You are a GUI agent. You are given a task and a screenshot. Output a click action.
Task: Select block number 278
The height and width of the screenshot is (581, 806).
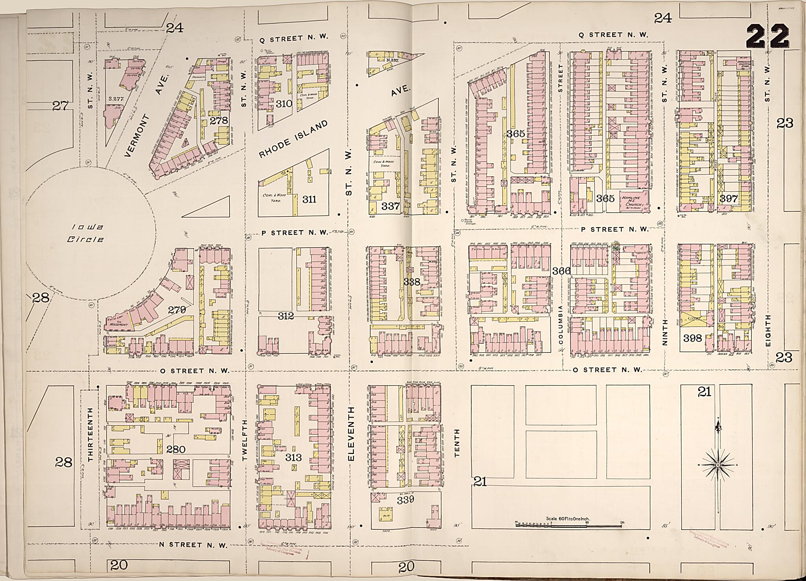(x=219, y=120)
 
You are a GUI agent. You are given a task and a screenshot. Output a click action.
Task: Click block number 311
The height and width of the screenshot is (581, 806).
(x=309, y=199)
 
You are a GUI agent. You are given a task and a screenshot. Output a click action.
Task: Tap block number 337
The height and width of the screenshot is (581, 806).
(x=390, y=206)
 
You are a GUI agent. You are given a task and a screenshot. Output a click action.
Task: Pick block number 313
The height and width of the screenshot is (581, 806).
(x=293, y=457)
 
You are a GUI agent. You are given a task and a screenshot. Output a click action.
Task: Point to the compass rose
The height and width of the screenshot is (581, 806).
(x=718, y=465)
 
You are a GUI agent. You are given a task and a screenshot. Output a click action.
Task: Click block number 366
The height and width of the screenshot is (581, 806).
(x=561, y=271)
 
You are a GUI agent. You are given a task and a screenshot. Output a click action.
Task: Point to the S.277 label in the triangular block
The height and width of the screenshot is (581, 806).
(x=116, y=99)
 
